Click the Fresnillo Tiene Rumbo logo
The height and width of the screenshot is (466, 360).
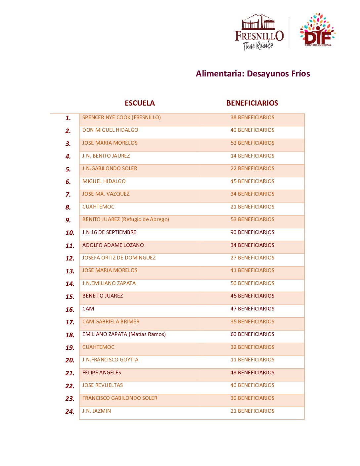click(x=259, y=32)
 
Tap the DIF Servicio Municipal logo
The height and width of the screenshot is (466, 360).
click(x=317, y=30)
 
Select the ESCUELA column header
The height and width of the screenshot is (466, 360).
click(x=140, y=103)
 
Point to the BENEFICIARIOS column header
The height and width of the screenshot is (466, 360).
click(x=252, y=103)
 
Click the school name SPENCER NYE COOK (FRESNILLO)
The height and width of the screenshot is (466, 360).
click(x=121, y=117)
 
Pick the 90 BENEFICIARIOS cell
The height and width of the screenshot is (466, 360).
click(x=252, y=232)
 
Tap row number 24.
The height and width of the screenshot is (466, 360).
click(x=70, y=411)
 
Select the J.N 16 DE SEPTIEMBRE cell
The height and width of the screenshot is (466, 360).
click(x=109, y=232)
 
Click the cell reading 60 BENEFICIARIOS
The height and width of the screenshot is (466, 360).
click(x=252, y=334)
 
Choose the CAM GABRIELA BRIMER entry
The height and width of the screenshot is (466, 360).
click(x=111, y=322)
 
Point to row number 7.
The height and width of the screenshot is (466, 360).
click(x=68, y=195)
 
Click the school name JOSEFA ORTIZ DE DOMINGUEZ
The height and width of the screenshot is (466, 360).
click(x=119, y=258)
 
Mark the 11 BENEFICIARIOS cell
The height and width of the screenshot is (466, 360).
click(x=252, y=360)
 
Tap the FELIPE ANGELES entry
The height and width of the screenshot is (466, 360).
click(x=102, y=373)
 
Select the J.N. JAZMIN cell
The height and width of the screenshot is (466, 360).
click(x=97, y=411)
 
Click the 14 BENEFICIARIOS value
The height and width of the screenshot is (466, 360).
click(x=252, y=156)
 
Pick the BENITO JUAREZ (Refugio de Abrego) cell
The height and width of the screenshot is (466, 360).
click(x=125, y=219)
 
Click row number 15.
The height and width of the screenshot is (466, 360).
click(x=70, y=297)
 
